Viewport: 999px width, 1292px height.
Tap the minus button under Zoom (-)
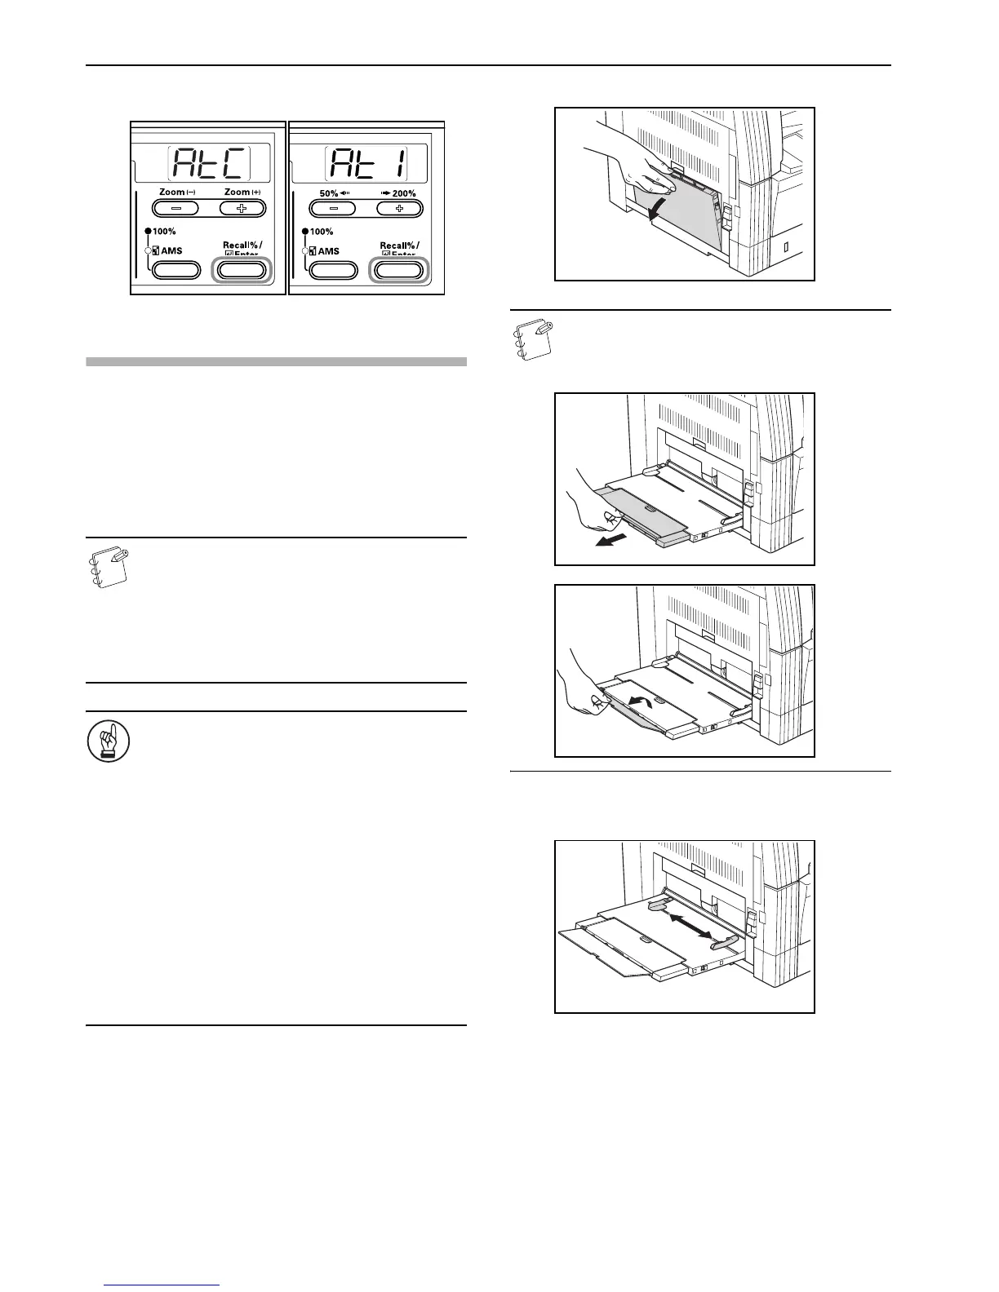pos(172,207)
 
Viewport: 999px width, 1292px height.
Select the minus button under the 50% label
pos(329,207)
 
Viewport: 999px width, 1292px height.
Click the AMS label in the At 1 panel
pos(328,251)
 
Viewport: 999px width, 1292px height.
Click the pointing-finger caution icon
pos(102,744)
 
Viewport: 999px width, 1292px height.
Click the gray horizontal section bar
pos(276,361)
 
